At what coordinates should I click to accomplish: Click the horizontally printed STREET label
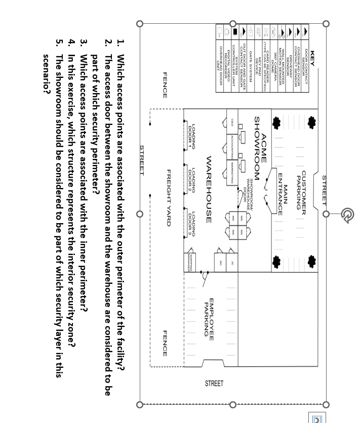pyautogui.click(x=214, y=384)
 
